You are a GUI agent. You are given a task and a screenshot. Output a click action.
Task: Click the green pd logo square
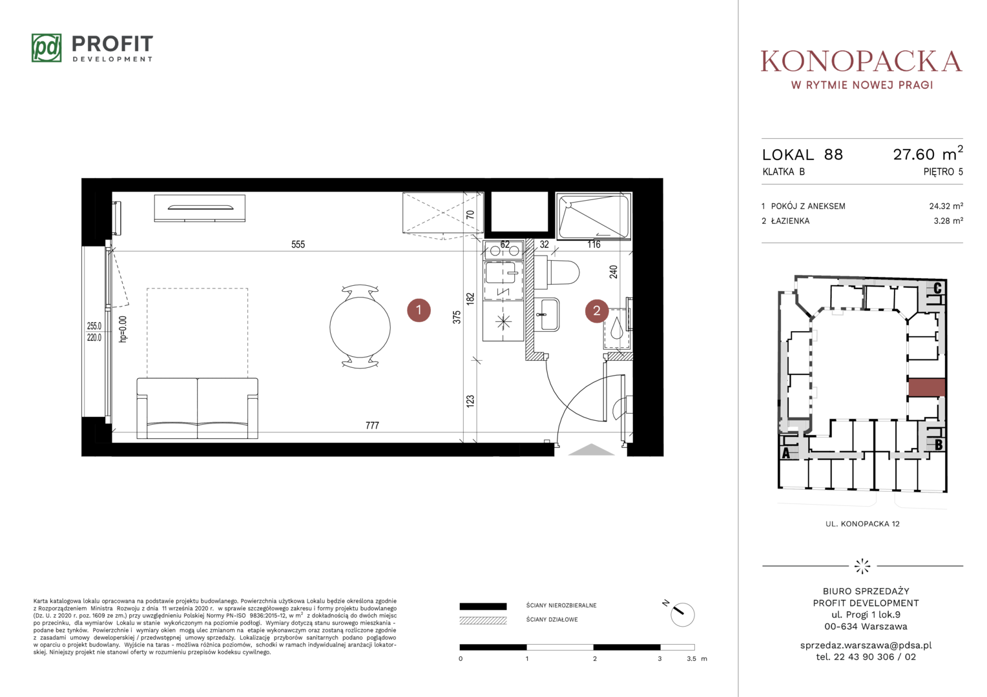47,48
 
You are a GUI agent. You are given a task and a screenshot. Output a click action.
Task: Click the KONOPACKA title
862,61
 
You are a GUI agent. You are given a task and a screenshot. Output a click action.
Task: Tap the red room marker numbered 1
419,310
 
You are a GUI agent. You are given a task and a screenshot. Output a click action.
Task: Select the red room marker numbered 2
597,311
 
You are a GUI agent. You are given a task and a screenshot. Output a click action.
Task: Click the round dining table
360,327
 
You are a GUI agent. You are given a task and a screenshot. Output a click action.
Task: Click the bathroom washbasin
547,314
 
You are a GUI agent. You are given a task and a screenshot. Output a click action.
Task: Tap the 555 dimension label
298,245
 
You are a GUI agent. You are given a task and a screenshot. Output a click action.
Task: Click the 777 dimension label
372,425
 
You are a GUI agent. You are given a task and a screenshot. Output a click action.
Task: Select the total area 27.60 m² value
928,153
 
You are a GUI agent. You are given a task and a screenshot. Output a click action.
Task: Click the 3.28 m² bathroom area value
948,221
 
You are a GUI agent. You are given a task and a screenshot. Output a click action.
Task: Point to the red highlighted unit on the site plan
927,387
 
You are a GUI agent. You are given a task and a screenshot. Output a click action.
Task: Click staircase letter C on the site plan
937,288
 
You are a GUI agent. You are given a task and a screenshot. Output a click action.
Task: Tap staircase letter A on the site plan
785,452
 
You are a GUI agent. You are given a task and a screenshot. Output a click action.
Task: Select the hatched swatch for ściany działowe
483,620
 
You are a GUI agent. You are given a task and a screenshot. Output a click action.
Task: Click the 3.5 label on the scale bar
691,659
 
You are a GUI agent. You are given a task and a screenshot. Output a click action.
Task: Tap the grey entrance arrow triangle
591,450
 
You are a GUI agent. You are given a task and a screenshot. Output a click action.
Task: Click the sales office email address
866,645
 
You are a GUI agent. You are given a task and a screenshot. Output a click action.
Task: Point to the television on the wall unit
200,207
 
